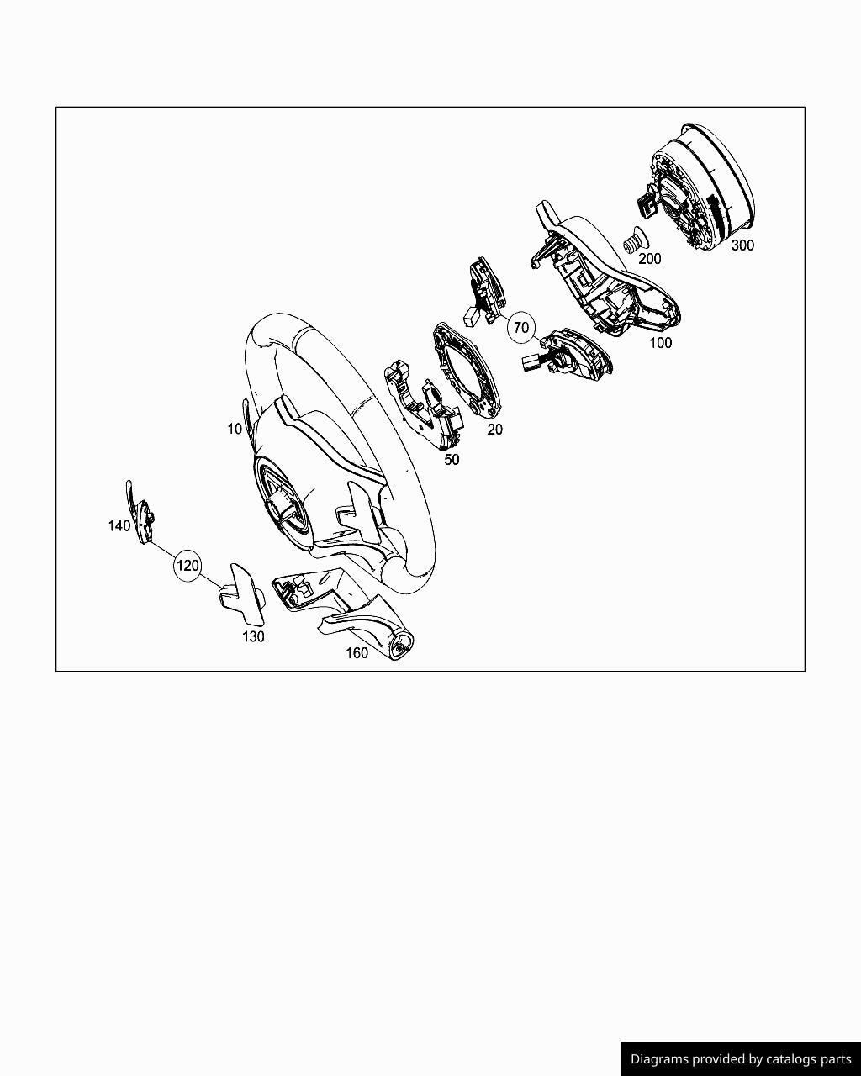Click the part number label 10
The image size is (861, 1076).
coord(234,429)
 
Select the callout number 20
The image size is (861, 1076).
coord(494,429)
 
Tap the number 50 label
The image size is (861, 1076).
coord(452,460)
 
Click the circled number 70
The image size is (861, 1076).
coord(521,328)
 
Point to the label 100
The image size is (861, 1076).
coord(660,343)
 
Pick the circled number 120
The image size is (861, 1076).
coord(188,566)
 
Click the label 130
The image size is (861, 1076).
coord(253,637)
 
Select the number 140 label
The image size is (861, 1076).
coord(119,526)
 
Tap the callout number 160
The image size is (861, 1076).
coord(357,653)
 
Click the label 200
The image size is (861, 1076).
coord(650,259)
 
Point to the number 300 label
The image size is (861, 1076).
coord(742,245)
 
